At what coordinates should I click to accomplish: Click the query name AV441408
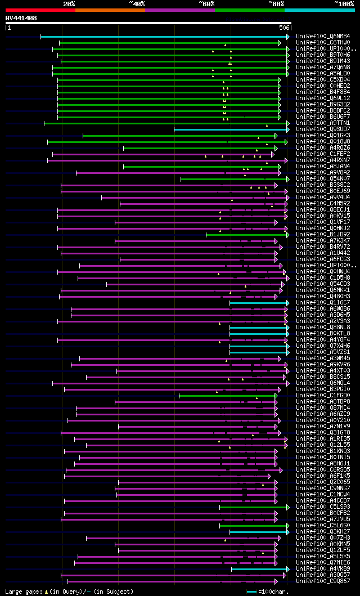pos(21,18)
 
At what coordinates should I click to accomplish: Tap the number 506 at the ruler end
pos(285,28)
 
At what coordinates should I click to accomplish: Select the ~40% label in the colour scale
pos(137,4)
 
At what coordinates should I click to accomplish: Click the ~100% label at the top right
pos(344,4)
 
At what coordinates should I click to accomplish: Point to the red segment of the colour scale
pos(40,10)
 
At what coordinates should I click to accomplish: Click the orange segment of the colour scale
pos(110,10)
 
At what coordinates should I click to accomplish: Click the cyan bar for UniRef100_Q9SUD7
pos(231,129)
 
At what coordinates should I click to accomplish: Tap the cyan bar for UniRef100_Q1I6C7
pos(258,303)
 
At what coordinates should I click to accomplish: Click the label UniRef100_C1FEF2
pos(322,154)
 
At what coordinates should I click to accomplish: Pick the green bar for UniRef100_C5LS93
pos(253,507)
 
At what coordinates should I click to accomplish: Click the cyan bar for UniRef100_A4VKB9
pos(259,569)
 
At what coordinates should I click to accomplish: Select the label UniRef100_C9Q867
pos(322,581)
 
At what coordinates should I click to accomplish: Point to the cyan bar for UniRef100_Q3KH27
pos(258,532)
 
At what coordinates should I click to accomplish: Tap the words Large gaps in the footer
pos(19,591)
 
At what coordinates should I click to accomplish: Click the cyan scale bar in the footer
pos(251,591)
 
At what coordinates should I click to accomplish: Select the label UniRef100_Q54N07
pos(322,179)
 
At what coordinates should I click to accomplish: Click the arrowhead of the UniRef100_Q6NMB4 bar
pos(287,37)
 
